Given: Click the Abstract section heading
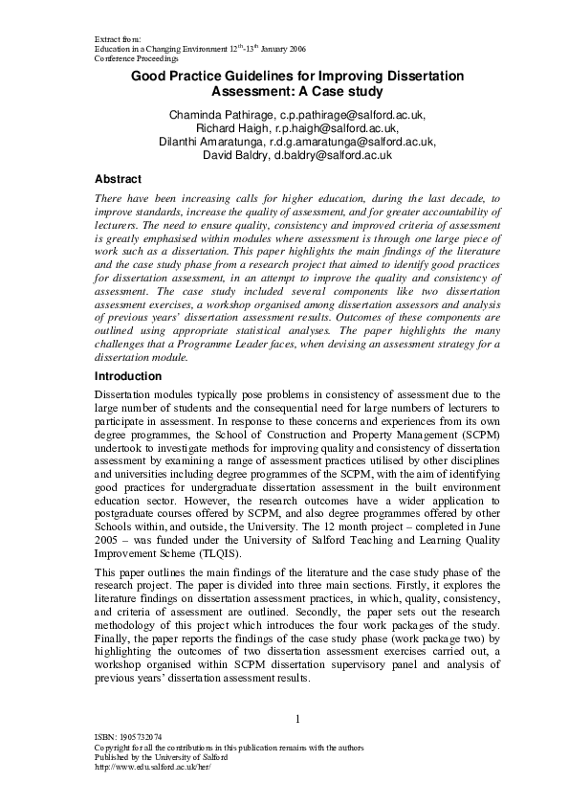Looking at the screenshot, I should [x=118, y=179].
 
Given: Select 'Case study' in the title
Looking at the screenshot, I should [x=340, y=92].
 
